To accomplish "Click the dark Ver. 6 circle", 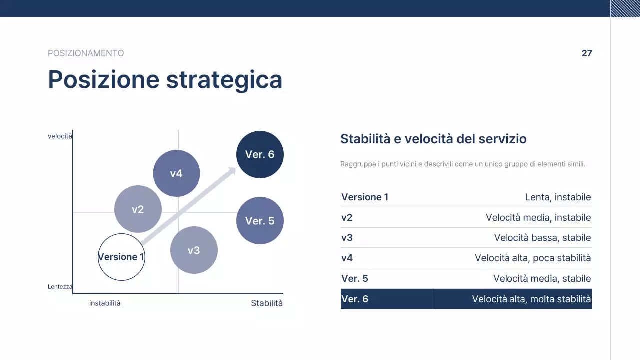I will [x=260, y=154].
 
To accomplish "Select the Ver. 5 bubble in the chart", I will [x=260, y=221].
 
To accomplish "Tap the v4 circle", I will [x=176, y=173].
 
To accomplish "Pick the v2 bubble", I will [x=138, y=209].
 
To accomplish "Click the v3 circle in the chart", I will [x=194, y=250].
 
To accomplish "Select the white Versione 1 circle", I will [x=121, y=257].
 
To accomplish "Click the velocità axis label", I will [x=60, y=136].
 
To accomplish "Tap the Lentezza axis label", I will [x=60, y=287].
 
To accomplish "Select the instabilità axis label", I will [x=105, y=303].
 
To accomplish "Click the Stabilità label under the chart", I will [x=267, y=303].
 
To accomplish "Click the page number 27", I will [x=587, y=53].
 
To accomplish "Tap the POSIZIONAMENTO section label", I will [x=86, y=53].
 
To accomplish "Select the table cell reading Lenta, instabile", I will [x=558, y=197].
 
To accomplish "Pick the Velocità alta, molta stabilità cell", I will [x=531, y=299].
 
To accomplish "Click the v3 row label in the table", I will [x=347, y=238].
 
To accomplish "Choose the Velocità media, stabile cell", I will [x=542, y=279].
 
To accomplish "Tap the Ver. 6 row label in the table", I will [x=355, y=299].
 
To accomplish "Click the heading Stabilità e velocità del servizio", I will [x=433, y=139].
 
